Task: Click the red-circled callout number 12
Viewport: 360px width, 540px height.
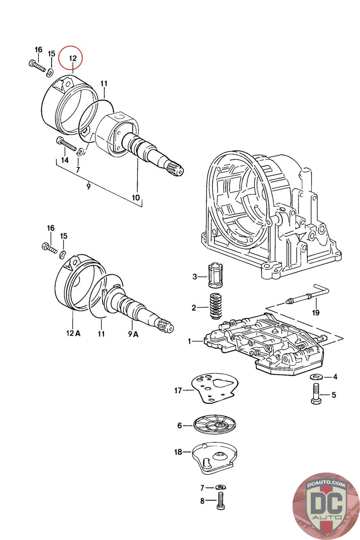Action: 73,58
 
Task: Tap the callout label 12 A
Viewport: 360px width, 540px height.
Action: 73,333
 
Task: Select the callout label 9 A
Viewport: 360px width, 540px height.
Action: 133,334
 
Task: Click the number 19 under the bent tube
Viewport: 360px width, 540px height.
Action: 316,313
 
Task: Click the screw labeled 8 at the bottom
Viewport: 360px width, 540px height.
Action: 220,501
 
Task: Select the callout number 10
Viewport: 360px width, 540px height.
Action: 136,198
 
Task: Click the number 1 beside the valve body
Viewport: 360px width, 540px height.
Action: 189,341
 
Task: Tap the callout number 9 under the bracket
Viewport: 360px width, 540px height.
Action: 88,186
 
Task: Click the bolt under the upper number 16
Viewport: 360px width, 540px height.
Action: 37,66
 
